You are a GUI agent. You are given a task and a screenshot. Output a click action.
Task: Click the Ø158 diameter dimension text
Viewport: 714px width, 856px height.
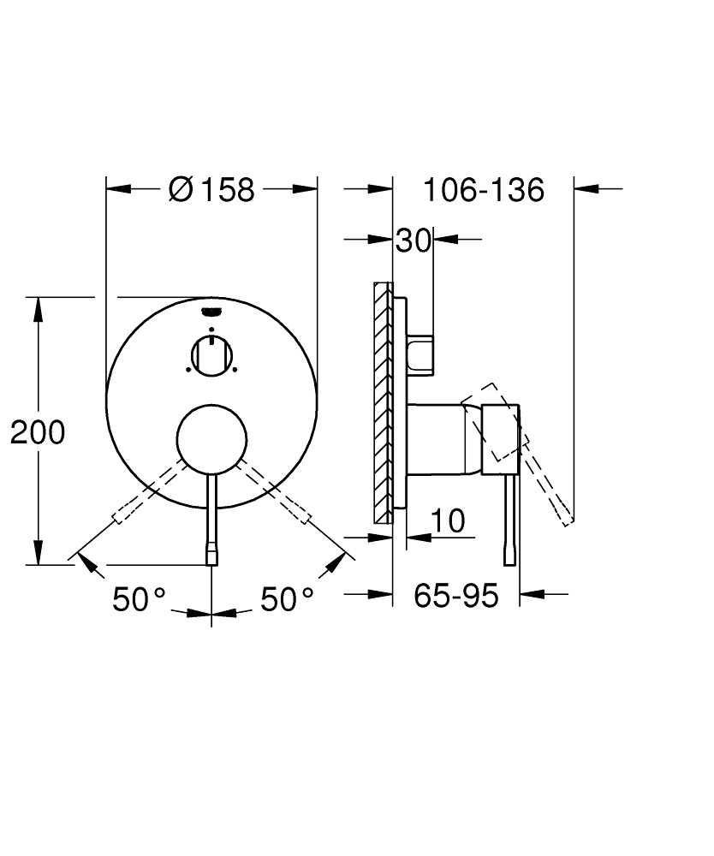click(x=212, y=189)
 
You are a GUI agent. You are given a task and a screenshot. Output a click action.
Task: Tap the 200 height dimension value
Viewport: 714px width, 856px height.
click(x=38, y=433)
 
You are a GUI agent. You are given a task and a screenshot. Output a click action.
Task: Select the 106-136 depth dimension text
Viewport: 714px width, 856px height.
click(x=484, y=189)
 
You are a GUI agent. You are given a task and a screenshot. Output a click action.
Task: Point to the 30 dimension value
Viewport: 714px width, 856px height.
click(x=413, y=241)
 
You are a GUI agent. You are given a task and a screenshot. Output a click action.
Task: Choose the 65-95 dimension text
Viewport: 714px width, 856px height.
click(x=455, y=595)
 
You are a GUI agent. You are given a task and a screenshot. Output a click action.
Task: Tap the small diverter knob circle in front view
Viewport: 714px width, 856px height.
click(x=211, y=354)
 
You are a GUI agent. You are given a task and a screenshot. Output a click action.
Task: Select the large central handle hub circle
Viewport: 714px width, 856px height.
click(x=211, y=438)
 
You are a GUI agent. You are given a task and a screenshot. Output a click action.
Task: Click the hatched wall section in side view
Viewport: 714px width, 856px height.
click(x=382, y=402)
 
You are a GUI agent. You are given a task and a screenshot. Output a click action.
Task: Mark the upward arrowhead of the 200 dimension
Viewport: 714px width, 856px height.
click(x=39, y=308)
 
